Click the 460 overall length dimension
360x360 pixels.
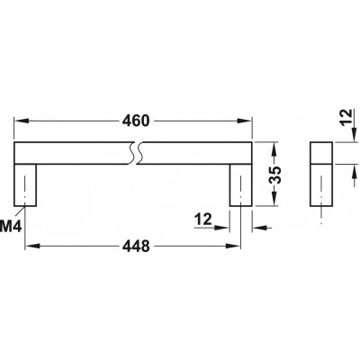[136, 121]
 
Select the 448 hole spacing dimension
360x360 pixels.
[136, 247]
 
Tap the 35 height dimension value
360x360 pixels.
[274, 175]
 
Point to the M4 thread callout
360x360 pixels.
[11, 226]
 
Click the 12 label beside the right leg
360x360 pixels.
[203, 220]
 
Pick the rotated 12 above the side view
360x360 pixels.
[346, 118]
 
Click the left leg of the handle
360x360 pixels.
[25, 185]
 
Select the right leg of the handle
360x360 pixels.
[240, 185]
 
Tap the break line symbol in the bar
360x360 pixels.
[135, 153]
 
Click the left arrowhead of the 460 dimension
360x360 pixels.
[21, 121]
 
